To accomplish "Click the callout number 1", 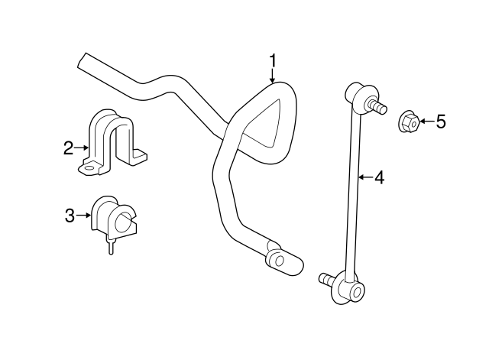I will point(273,60).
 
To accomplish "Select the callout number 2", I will point(69,147).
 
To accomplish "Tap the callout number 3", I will point(70,216).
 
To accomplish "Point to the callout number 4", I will point(378,178).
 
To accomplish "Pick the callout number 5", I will point(441,122).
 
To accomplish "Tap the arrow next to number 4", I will point(364,178).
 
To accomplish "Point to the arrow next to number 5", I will point(425,122).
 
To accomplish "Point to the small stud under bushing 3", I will point(111,246).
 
